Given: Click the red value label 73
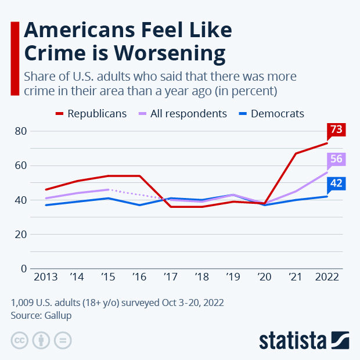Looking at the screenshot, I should pos(336,129).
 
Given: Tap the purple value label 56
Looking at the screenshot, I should pos(336,159).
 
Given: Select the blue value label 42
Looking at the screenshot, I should pos(336,183).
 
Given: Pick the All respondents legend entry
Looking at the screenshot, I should pos(181,114).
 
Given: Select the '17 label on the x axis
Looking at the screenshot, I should pos(170,277).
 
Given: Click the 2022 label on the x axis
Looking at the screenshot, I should pos(327,277).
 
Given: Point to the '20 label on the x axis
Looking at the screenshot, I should pos(264,277).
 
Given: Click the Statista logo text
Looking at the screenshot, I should pos(293,340).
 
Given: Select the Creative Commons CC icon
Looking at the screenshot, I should pos(20,340).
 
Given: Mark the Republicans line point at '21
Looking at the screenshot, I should pos(296,153).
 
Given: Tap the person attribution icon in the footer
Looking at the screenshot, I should pos(41,340).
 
